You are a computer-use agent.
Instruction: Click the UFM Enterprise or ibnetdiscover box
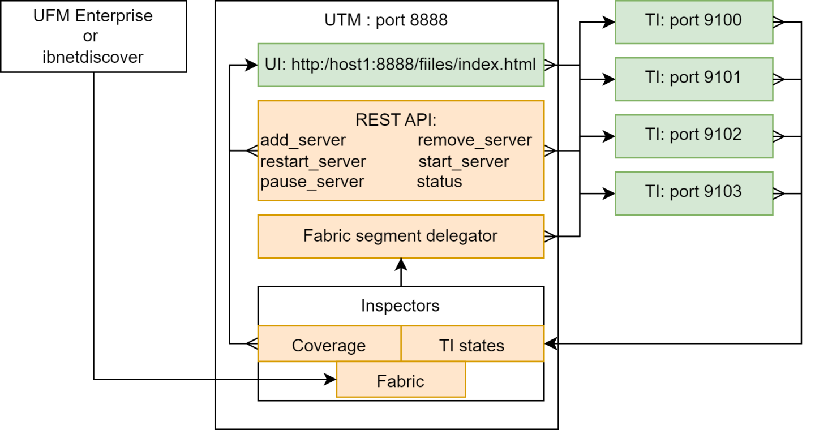click(x=93, y=36)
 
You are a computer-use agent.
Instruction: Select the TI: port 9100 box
click(x=693, y=21)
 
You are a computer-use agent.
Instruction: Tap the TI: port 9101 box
click(x=693, y=79)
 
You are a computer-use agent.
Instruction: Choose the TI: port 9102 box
click(x=693, y=136)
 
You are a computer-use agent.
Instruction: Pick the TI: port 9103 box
click(x=693, y=193)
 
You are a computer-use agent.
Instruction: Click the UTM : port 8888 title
click(x=386, y=20)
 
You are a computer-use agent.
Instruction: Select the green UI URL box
click(x=400, y=64)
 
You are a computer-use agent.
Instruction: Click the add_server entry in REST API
click(x=303, y=140)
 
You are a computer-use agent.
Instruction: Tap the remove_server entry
click(x=474, y=140)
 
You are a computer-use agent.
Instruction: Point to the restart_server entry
click(x=313, y=162)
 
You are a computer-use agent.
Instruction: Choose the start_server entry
click(x=464, y=162)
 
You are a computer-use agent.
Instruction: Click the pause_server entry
click(x=312, y=182)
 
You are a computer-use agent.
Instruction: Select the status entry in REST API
click(x=439, y=182)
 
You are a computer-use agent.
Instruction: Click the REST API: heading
click(x=396, y=120)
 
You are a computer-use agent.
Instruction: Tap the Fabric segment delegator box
click(x=400, y=236)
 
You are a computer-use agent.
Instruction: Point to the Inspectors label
click(x=400, y=306)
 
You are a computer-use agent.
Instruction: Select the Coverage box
click(x=329, y=345)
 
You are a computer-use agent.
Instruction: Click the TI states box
click(x=471, y=345)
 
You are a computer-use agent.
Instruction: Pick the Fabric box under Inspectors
click(x=400, y=381)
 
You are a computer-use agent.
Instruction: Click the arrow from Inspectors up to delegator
click(x=401, y=272)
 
